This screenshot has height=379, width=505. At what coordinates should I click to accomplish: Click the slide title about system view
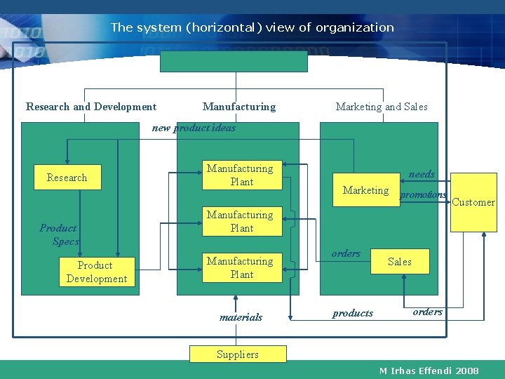(x=252, y=28)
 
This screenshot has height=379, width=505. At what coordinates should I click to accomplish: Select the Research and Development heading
(x=91, y=107)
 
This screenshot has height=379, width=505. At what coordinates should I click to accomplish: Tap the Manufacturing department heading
(x=239, y=107)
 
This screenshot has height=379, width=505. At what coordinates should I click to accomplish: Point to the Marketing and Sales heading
(x=381, y=107)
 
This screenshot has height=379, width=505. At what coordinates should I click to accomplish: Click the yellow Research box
(x=67, y=178)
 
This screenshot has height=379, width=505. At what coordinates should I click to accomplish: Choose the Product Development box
(x=96, y=272)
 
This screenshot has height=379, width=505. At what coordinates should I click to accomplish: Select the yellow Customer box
(x=473, y=203)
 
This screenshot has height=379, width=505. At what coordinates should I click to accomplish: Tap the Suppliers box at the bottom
(x=238, y=354)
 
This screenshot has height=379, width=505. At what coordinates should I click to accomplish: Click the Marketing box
(x=365, y=190)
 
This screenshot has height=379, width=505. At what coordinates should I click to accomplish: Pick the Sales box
(x=400, y=262)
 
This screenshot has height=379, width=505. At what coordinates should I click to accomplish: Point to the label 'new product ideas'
(x=194, y=128)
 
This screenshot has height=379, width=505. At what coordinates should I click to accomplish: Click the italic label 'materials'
(x=241, y=317)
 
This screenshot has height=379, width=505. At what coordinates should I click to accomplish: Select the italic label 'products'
(x=352, y=313)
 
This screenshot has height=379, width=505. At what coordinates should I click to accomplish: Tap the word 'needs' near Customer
(x=422, y=174)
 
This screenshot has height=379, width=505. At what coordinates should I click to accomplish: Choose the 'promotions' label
(x=423, y=194)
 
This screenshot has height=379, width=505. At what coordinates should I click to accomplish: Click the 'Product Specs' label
(x=60, y=234)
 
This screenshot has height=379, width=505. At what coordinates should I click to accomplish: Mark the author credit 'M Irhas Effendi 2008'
(x=429, y=371)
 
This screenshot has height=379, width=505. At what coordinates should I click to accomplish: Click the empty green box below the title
(x=234, y=61)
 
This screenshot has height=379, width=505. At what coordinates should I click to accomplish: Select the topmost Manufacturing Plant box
(x=241, y=175)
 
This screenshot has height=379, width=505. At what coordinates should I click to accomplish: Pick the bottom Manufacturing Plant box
(x=241, y=268)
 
